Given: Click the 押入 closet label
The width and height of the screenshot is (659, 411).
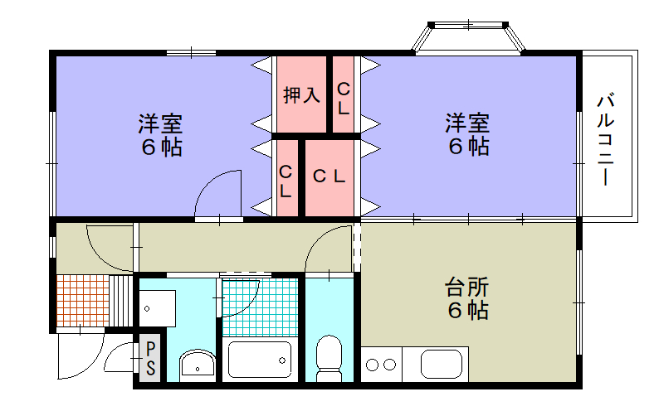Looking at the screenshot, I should click(301, 95).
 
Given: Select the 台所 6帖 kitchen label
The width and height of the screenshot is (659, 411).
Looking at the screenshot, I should click(467, 299).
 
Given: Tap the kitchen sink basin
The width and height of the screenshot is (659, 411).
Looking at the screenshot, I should click(444, 364).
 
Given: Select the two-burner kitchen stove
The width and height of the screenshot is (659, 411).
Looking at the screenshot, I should click(380, 364).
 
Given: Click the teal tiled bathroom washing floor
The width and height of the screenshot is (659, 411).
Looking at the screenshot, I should click(259, 306).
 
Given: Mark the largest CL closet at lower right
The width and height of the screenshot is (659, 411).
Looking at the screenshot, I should click(329, 176).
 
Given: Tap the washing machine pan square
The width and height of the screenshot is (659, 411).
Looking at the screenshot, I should click(157, 308).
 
